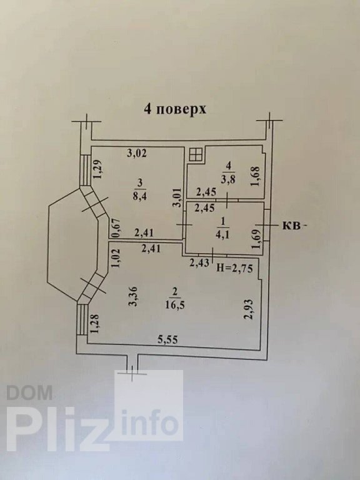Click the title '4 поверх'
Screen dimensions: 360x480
[175, 109]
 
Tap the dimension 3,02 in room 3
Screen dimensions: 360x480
[137, 153]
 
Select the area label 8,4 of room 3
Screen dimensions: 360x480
[139, 196]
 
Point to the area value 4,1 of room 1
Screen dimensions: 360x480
[223, 235]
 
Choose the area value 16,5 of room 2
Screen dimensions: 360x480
[175, 305]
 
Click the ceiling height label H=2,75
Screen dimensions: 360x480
[235, 269]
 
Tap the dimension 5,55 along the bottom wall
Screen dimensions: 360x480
[167, 339]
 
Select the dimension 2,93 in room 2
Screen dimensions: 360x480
[249, 309]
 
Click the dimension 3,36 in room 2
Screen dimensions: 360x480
[133, 296]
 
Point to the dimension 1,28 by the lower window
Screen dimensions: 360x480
[94, 324]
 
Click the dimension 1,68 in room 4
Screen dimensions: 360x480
[255, 176]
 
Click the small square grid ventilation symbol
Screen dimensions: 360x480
[196, 154]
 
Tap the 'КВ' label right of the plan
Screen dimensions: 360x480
[290, 226]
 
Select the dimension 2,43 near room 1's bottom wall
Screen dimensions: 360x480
[199, 262]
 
